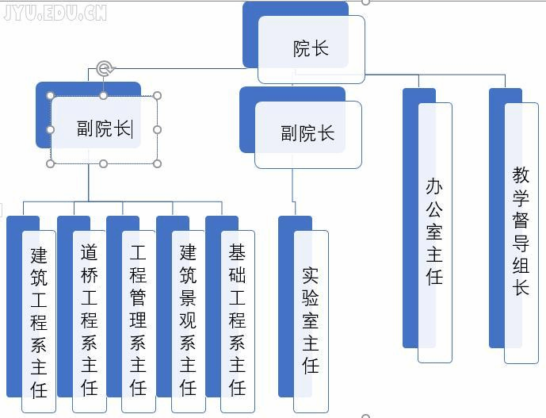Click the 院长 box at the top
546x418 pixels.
[x=311, y=48]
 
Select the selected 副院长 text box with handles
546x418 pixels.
[x=104, y=129]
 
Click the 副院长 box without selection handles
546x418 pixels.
[x=307, y=133]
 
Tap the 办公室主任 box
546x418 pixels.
[x=434, y=232]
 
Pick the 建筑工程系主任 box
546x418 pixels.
[x=39, y=321]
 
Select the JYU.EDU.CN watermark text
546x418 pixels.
[x=55, y=12]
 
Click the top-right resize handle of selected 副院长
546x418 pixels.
[x=157, y=96]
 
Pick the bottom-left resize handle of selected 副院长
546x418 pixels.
[x=51, y=163]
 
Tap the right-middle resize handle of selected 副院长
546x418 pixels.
[x=157, y=129]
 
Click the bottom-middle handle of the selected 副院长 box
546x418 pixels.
[x=104, y=163]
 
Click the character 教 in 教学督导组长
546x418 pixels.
[x=521, y=174]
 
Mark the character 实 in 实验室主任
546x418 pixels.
[x=311, y=275]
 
